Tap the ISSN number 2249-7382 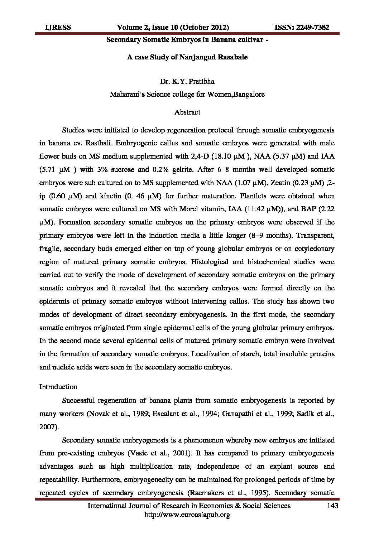[312, 28]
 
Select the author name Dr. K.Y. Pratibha [187, 82]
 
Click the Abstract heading [187, 112]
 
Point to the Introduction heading [58, 387]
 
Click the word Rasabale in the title [232, 57]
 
